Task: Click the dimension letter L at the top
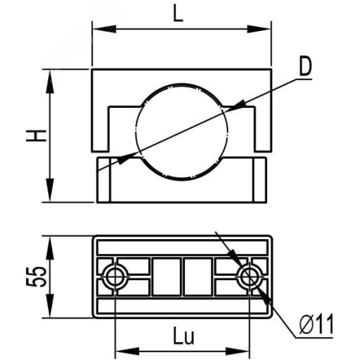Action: (x=179, y=14)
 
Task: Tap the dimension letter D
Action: (x=305, y=66)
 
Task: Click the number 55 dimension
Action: (x=36, y=276)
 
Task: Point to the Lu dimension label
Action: (x=184, y=336)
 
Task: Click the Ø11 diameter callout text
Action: (x=317, y=324)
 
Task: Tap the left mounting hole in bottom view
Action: (x=115, y=276)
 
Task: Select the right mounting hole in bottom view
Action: (x=250, y=276)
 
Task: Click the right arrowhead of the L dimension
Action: (x=259, y=29)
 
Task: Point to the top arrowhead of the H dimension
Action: (x=50, y=82)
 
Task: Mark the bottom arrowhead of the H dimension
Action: (x=50, y=190)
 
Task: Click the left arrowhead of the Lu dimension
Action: (x=127, y=351)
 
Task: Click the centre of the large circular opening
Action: (x=181, y=132)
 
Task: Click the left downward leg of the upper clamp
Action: (x=100, y=129)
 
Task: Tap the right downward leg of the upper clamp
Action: (x=263, y=129)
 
